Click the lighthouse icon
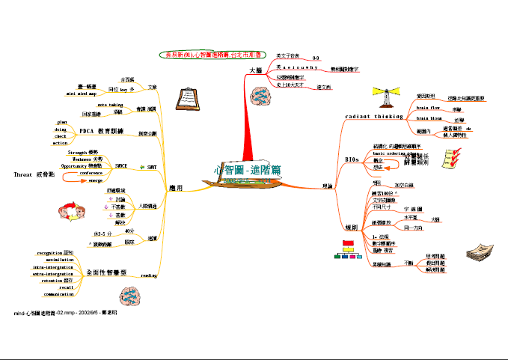pos(387,96)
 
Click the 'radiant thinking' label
pos(373,117)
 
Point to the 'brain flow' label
pos(432,109)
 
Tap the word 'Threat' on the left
pos(22,174)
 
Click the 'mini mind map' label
pos(81,94)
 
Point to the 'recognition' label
pos(55,253)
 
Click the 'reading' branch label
pos(150,275)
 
